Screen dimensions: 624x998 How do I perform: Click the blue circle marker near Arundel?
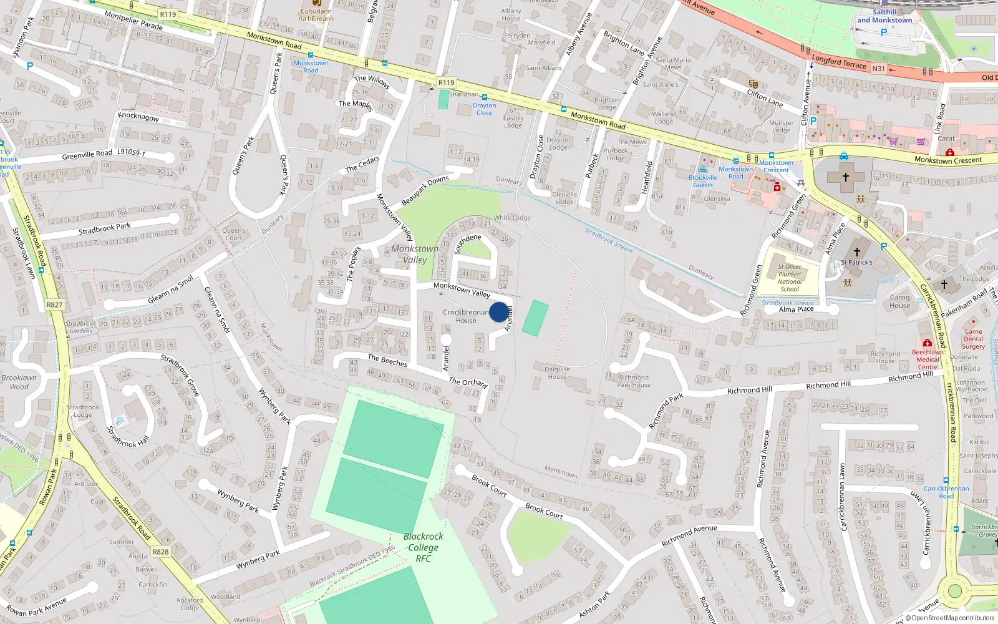tap(498, 312)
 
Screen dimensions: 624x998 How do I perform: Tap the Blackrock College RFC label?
tap(423, 547)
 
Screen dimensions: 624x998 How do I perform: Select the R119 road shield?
tap(446, 82)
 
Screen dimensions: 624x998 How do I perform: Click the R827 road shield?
tap(54, 305)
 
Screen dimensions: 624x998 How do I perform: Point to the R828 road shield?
tap(160, 552)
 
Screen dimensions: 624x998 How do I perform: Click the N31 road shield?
tap(878, 69)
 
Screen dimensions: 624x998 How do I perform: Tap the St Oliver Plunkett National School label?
tap(790, 278)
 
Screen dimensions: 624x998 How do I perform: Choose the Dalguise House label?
tap(557, 373)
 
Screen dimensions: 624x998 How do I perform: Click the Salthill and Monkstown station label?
tap(884, 16)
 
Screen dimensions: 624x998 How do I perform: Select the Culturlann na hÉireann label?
tap(316, 15)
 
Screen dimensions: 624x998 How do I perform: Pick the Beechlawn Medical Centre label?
tap(928, 359)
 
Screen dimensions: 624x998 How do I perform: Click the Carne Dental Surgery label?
tap(973, 339)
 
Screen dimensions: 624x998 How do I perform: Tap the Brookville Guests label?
tap(703, 181)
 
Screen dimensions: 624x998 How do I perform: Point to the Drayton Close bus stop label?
tap(484, 109)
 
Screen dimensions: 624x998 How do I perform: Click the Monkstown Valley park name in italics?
tap(415, 254)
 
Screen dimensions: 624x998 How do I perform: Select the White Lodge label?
tap(512, 218)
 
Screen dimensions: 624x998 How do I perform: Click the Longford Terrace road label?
tap(839, 61)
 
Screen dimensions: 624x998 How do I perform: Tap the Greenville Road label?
tap(87, 154)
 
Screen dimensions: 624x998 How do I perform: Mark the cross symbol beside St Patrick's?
tap(856, 251)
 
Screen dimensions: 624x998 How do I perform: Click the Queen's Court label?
tap(234, 234)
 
